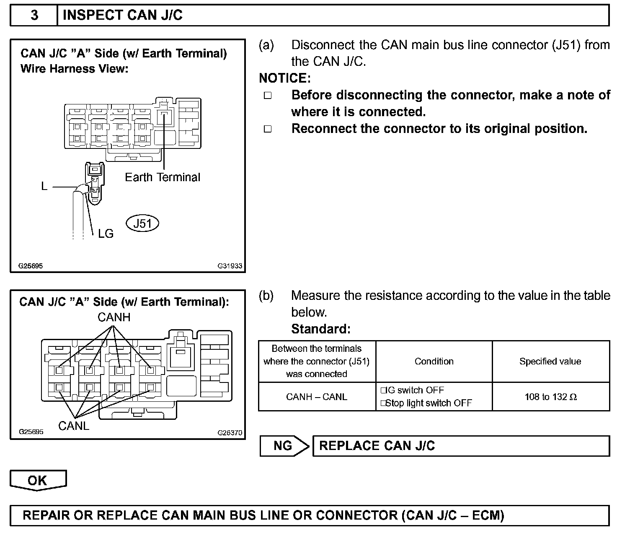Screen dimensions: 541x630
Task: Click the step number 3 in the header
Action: tap(34, 16)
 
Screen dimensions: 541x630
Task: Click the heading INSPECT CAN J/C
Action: tap(122, 16)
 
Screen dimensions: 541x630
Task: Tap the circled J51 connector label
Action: tap(142, 224)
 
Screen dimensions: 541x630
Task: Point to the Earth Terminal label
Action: tap(163, 177)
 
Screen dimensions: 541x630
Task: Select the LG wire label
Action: tap(106, 234)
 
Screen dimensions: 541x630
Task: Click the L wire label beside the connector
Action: tap(44, 186)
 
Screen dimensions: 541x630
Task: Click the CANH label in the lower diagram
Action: tap(114, 317)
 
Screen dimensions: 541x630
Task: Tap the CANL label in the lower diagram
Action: tap(74, 426)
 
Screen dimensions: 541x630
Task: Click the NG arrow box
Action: tap(284, 446)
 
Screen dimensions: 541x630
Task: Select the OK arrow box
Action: tap(38, 481)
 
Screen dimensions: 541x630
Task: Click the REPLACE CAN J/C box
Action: tap(461, 446)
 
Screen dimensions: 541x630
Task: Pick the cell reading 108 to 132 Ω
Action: tap(550, 397)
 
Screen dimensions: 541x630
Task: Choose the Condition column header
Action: tap(434, 362)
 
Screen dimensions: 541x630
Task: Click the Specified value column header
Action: tap(550, 362)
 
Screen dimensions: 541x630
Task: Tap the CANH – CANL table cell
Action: tap(317, 397)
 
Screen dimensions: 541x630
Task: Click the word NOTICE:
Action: tap(285, 78)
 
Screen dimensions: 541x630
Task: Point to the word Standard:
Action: tap(321, 329)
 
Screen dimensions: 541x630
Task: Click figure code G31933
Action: tap(230, 266)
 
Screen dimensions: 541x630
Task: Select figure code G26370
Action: tap(230, 433)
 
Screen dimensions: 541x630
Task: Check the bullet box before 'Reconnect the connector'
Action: tap(268, 129)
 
